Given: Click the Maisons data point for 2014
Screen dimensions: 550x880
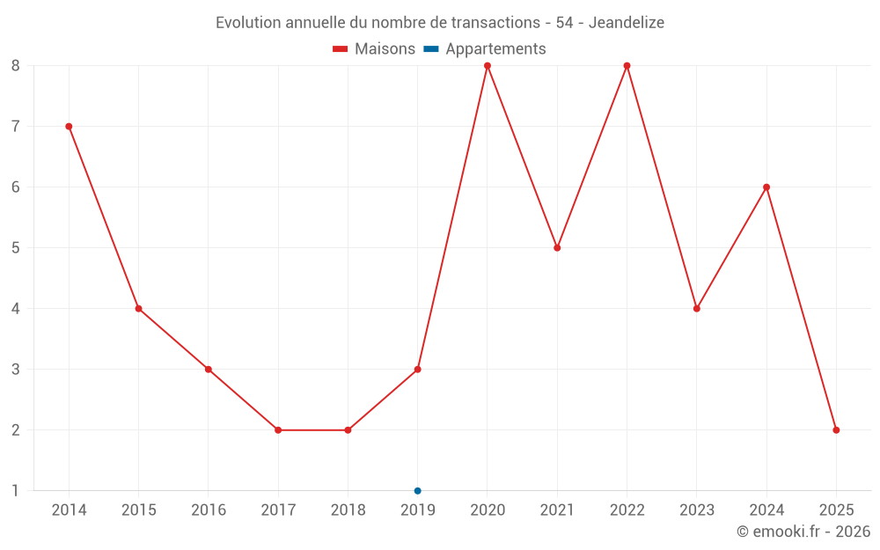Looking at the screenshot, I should [x=69, y=127].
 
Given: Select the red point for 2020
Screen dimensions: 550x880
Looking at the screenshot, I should [x=488, y=66].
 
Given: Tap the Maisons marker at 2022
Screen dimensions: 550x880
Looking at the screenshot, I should [x=627, y=66].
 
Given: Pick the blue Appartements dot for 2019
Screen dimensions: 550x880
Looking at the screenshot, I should [x=418, y=491].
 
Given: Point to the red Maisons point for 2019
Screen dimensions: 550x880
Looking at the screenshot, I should [x=418, y=370].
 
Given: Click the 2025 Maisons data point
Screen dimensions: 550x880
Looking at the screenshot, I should [x=836, y=430].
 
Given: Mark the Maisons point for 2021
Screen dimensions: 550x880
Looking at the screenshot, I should [x=557, y=248].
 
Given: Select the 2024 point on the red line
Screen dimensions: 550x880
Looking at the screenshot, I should [x=766, y=187].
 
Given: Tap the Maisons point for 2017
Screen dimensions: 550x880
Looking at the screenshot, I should [x=278, y=430].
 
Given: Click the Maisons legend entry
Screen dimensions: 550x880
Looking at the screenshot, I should [x=374, y=49].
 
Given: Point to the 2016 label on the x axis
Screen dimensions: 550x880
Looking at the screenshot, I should [x=209, y=510].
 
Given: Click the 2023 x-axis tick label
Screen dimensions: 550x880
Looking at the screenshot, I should [x=697, y=510].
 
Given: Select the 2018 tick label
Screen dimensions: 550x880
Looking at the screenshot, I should [x=348, y=510].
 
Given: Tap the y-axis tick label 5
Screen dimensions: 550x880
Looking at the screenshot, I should [x=15, y=248].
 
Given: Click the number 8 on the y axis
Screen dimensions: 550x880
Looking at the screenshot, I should [x=15, y=66].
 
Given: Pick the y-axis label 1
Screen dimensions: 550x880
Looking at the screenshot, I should [x=15, y=491].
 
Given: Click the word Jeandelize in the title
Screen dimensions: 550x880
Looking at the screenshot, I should [x=626, y=22].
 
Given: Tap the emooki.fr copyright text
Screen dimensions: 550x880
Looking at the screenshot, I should [x=803, y=532].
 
